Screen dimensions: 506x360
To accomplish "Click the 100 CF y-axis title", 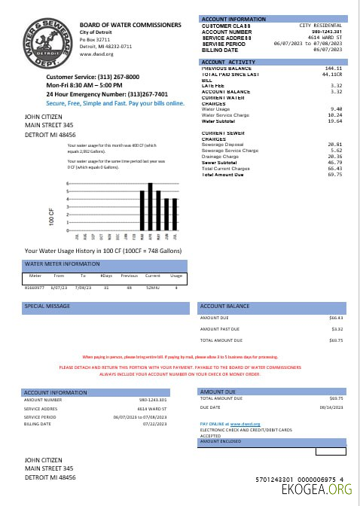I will [x=52, y=217].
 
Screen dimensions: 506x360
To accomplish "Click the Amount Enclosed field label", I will [x=223, y=441].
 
